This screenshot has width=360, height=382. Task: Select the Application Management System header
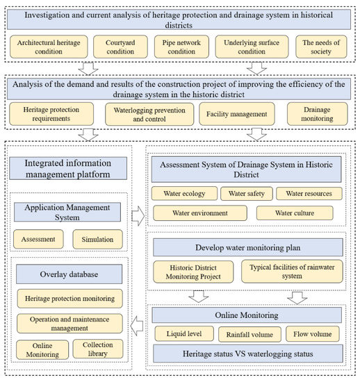pyautogui.click(x=68, y=211)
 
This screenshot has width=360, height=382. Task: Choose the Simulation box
pyautogui.click(x=97, y=238)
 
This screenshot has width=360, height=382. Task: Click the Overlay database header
pyautogui.click(x=68, y=274)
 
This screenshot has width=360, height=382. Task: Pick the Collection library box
pyautogui.click(x=98, y=349)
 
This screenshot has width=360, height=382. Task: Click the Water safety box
pyautogui.click(x=246, y=194)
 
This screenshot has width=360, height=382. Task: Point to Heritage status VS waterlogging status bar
pyautogui.click(x=247, y=354)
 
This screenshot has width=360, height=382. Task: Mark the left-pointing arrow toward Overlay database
pyautogui.click(x=138, y=322)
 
